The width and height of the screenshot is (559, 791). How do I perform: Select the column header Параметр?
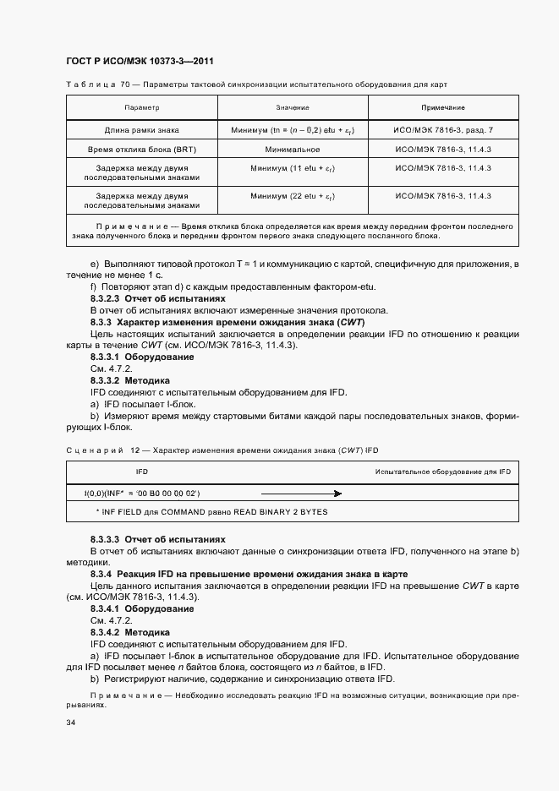141,108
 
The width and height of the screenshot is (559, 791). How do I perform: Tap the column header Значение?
292,108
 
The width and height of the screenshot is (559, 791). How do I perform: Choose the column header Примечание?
443,108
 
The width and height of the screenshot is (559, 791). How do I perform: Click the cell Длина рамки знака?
141,130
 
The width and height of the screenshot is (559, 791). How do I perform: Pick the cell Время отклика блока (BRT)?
141,149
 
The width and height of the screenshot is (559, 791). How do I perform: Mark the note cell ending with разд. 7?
443,130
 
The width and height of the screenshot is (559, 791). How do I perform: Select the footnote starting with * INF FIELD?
211,512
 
